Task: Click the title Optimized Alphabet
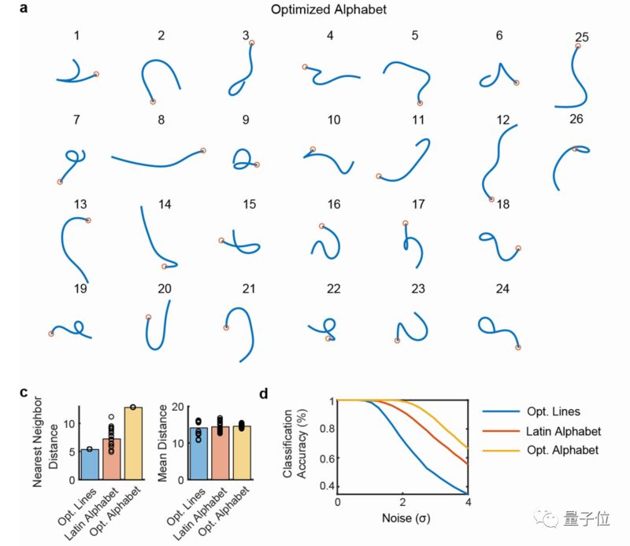point(328,9)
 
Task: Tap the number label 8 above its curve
point(161,120)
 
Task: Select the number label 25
point(581,37)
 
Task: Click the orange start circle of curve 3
point(251,43)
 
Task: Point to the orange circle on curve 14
point(164,267)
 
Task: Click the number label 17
point(418,205)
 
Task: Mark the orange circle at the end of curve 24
point(518,348)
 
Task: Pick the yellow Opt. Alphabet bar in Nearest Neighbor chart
point(133,444)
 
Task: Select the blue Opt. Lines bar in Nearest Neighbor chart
point(90,464)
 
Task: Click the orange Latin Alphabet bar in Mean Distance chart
point(220,453)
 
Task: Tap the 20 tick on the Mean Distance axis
point(178,407)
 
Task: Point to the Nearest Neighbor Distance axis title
point(46,441)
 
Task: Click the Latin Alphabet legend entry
point(563,431)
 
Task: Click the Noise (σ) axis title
point(406,518)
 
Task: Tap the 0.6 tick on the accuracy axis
point(327,458)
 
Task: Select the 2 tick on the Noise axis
point(402,502)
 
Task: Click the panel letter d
point(264,393)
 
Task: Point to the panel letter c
point(24,393)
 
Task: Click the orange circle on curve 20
point(148,317)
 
